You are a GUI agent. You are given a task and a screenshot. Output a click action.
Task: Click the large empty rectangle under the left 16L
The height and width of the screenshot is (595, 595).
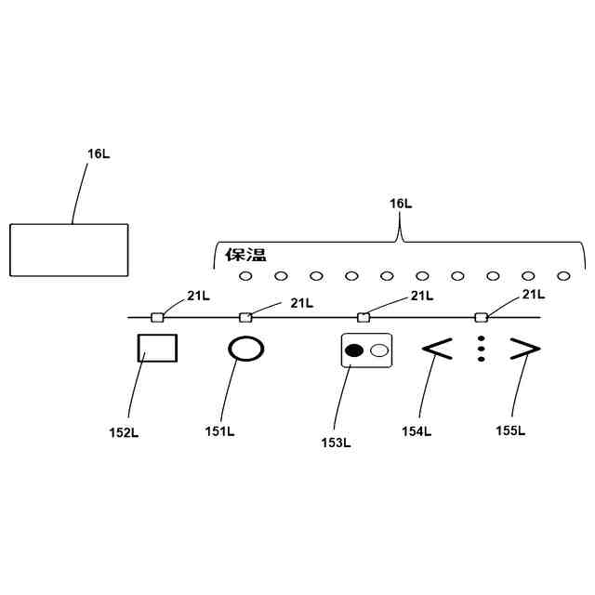pyautogui.click(x=69, y=250)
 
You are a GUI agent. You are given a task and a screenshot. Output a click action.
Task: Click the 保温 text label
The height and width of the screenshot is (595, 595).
pyautogui.click(x=245, y=255)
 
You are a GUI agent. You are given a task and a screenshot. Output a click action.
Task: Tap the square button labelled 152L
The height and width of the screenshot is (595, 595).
pyautogui.click(x=157, y=349)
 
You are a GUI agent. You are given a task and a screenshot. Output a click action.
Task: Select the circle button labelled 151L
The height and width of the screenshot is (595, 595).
pyautogui.click(x=246, y=349)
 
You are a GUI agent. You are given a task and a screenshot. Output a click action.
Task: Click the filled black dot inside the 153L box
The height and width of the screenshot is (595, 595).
pyautogui.click(x=354, y=350)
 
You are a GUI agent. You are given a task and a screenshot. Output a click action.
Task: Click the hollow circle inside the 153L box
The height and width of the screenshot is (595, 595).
pyautogui.click(x=378, y=350)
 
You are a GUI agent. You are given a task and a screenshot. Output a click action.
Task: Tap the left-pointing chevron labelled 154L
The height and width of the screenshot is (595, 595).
pyautogui.click(x=437, y=349)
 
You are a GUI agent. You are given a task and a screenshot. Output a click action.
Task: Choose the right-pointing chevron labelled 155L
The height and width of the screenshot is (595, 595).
pyautogui.click(x=524, y=349)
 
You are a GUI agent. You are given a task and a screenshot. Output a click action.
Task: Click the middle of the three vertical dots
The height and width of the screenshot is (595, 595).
pyautogui.click(x=481, y=349)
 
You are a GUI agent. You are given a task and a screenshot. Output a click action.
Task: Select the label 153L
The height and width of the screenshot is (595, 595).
pyautogui.click(x=336, y=443)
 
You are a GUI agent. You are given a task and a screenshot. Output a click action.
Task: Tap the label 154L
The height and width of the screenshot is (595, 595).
pyautogui.click(x=416, y=430)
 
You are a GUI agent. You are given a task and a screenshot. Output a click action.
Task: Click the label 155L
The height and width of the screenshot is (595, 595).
pyautogui.click(x=510, y=430)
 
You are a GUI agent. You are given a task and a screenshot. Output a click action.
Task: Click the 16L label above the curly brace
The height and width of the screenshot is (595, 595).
pyautogui.click(x=401, y=203)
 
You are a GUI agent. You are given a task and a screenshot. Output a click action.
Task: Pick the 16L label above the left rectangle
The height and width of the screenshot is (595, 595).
pyautogui.click(x=99, y=153)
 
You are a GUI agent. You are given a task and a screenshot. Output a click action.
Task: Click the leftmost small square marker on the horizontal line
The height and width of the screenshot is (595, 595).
pyautogui.click(x=157, y=317)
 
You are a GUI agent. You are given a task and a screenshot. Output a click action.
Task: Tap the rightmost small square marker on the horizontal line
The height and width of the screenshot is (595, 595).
pyautogui.click(x=481, y=317)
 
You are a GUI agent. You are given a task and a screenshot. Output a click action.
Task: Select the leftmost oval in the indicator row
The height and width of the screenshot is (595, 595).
pyautogui.click(x=245, y=276)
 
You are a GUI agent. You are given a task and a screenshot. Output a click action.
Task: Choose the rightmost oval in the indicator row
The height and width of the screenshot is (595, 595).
pyautogui.click(x=562, y=276)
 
